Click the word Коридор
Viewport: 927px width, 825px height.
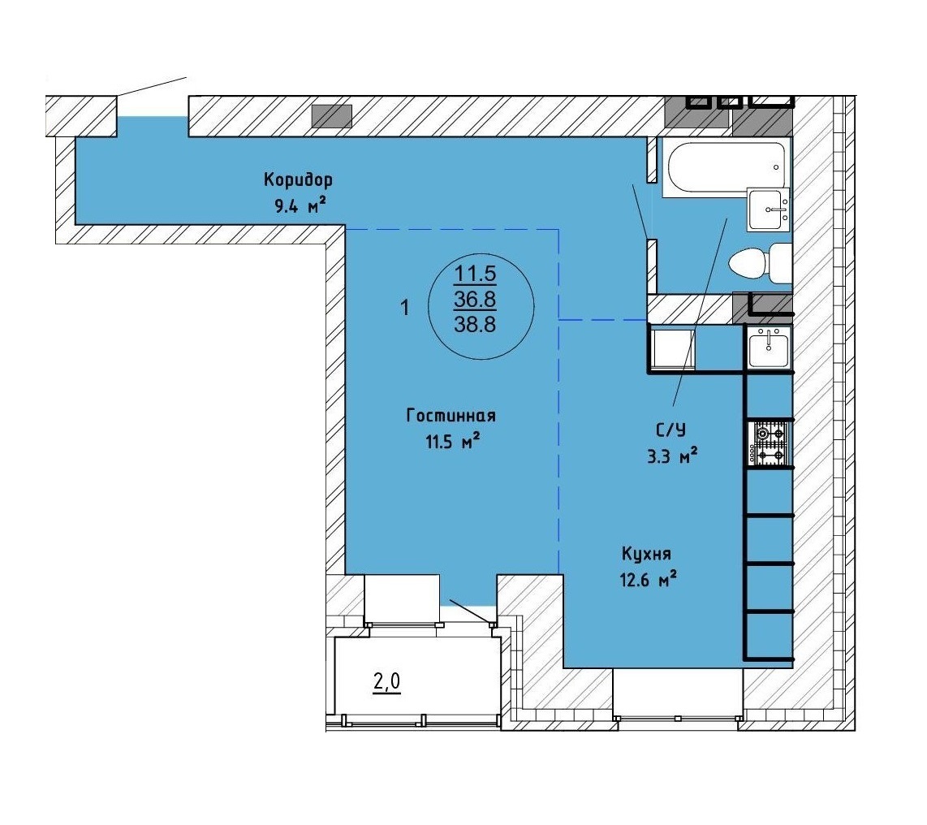point(298,179)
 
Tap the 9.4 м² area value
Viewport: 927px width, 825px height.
point(300,206)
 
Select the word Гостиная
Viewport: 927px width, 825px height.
point(451,416)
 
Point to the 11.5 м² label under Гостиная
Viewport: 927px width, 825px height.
point(451,441)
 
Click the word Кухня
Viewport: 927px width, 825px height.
point(646,554)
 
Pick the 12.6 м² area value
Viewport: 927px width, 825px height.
point(648,580)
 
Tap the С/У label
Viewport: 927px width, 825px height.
point(671,430)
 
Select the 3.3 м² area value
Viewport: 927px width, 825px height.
point(673,456)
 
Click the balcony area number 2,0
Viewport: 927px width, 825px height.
point(386,682)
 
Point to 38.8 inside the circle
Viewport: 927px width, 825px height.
point(475,324)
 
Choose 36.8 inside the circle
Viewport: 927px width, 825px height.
point(475,300)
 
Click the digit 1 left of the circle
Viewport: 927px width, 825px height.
point(405,308)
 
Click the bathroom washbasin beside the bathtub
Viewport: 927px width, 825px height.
point(768,210)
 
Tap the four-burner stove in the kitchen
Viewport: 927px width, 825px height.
point(768,443)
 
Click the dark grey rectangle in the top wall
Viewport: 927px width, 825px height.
point(332,116)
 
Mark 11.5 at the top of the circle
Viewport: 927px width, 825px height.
point(475,274)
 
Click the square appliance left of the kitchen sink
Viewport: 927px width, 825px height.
point(672,348)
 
